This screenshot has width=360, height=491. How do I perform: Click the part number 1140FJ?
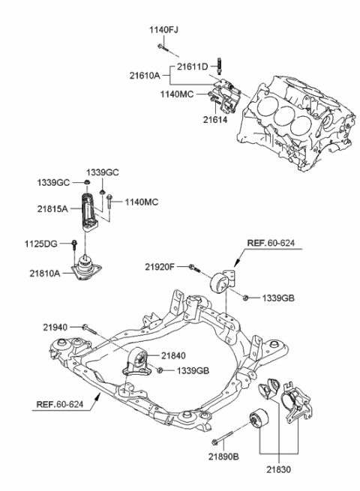coord(163,30)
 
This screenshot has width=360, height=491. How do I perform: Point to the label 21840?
coord(174,358)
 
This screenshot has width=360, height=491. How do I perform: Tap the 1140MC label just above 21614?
coord(176,94)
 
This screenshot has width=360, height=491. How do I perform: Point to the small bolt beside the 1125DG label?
coord(76,244)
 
